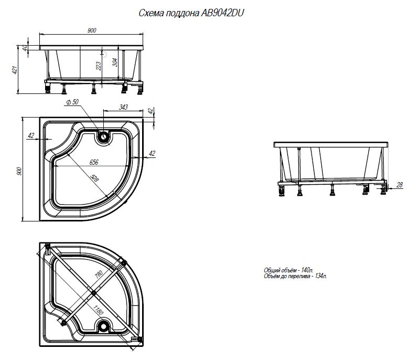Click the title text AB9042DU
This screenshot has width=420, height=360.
(x=222, y=13)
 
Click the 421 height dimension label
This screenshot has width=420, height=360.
(x=15, y=70)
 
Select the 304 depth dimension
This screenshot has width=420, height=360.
(x=114, y=62)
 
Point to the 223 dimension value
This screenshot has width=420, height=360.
(x=98, y=66)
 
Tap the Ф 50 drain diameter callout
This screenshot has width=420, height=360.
(x=72, y=102)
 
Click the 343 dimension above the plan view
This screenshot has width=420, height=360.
(x=123, y=107)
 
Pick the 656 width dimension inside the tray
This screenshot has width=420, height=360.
(x=94, y=162)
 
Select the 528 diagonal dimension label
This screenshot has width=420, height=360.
(x=94, y=178)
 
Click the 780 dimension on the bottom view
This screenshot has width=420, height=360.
(x=99, y=274)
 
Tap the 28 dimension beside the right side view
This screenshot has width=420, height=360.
(x=400, y=185)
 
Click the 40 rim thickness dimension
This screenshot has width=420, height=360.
(x=25, y=48)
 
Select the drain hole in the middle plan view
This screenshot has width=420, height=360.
(x=103, y=137)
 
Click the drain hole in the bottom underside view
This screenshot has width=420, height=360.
(x=103, y=325)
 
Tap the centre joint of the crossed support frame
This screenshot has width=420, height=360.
(x=93, y=293)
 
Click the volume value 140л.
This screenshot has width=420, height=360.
(x=307, y=270)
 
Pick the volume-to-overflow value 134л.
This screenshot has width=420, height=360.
(x=320, y=276)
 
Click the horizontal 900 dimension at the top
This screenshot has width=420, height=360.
(x=92, y=30)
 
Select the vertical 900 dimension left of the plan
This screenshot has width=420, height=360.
(x=19, y=171)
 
